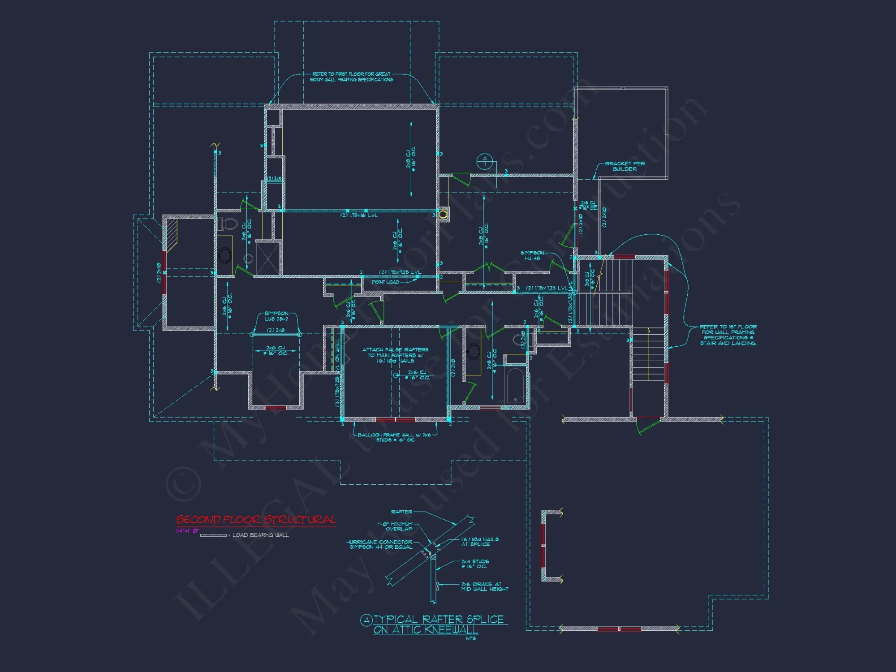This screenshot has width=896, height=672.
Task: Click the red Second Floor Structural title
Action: (255, 520)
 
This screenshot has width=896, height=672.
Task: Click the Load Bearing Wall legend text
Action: (260, 535)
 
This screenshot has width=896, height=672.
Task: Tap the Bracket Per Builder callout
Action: (625, 166)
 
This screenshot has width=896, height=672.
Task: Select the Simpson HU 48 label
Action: (532, 256)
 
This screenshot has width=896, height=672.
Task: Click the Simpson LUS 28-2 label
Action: (276, 316)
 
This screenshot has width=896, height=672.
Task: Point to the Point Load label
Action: (385, 282)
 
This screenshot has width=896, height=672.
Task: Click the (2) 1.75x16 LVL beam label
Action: (359, 215)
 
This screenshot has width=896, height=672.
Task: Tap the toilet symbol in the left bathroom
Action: (228, 223)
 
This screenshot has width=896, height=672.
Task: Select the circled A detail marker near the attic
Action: (484, 161)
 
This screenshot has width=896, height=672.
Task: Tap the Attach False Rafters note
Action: (395, 355)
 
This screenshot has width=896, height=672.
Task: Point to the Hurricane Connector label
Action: (379, 544)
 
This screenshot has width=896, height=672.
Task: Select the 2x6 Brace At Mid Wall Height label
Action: (485, 587)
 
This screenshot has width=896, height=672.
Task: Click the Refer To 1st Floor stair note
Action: (728, 335)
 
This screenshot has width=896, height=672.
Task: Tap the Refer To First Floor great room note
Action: (352, 77)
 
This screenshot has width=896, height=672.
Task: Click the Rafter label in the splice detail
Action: (401, 512)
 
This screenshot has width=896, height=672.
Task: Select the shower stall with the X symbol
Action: (268, 258)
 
